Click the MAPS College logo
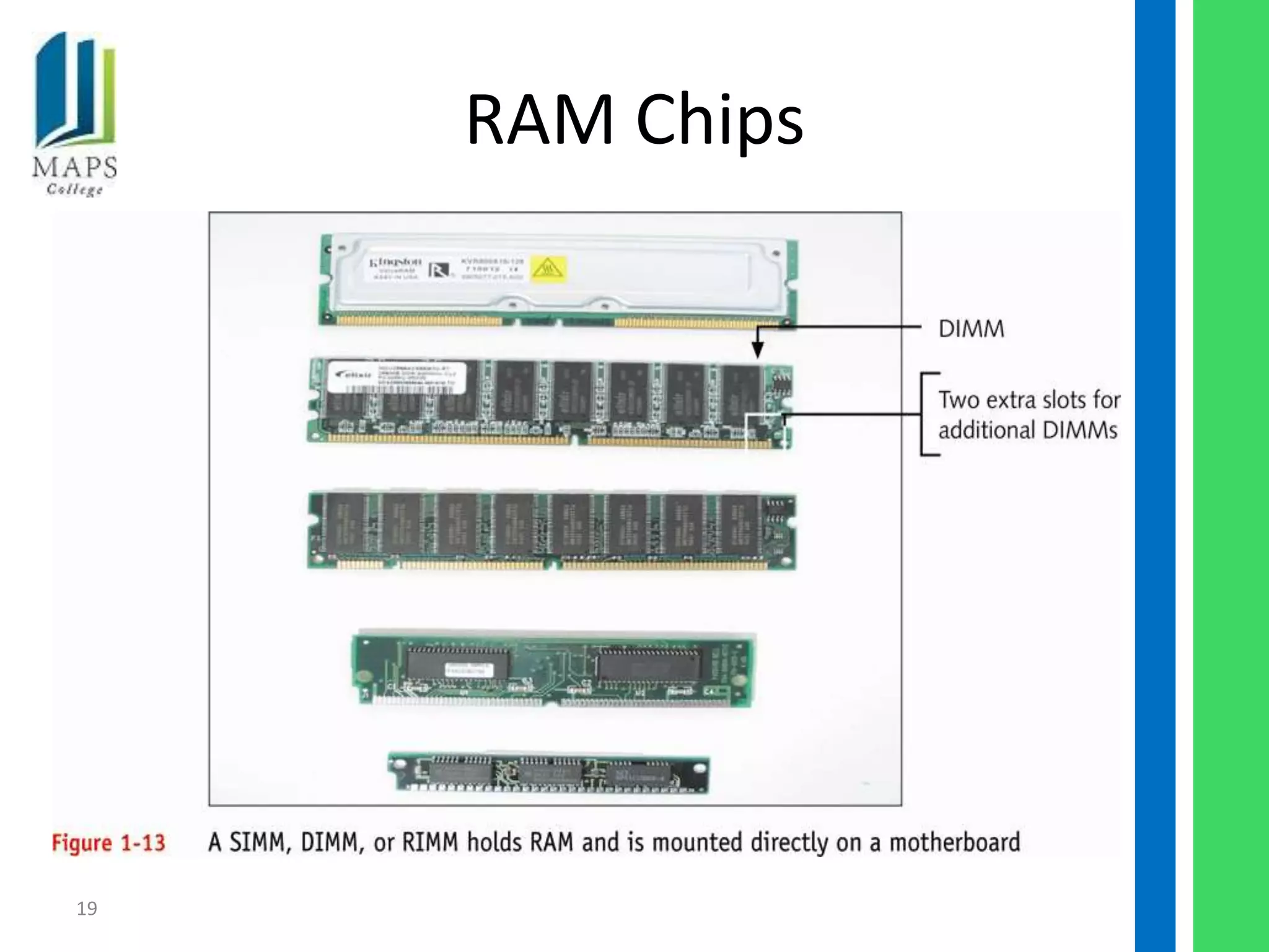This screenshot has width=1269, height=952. [x=75, y=115]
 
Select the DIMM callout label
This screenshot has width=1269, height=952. [x=971, y=328]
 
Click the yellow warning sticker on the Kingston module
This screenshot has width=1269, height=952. [x=548, y=269]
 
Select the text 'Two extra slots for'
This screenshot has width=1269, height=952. [x=1029, y=400]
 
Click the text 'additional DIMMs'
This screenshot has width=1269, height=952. [x=1027, y=430]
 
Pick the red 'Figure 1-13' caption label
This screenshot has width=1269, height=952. [x=108, y=843]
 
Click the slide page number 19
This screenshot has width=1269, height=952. [x=87, y=909]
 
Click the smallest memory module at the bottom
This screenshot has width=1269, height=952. [x=549, y=773]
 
